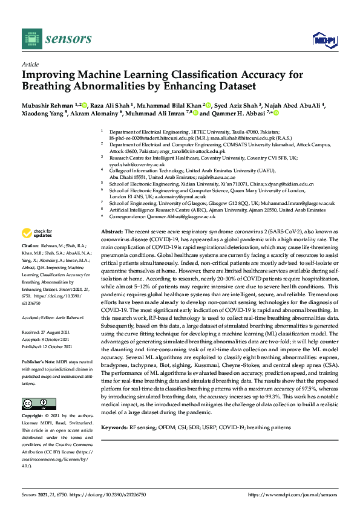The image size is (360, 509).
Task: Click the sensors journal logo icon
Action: point(30,39)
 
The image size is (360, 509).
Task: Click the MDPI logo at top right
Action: point(323,40)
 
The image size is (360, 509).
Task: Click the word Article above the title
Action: point(30,63)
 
